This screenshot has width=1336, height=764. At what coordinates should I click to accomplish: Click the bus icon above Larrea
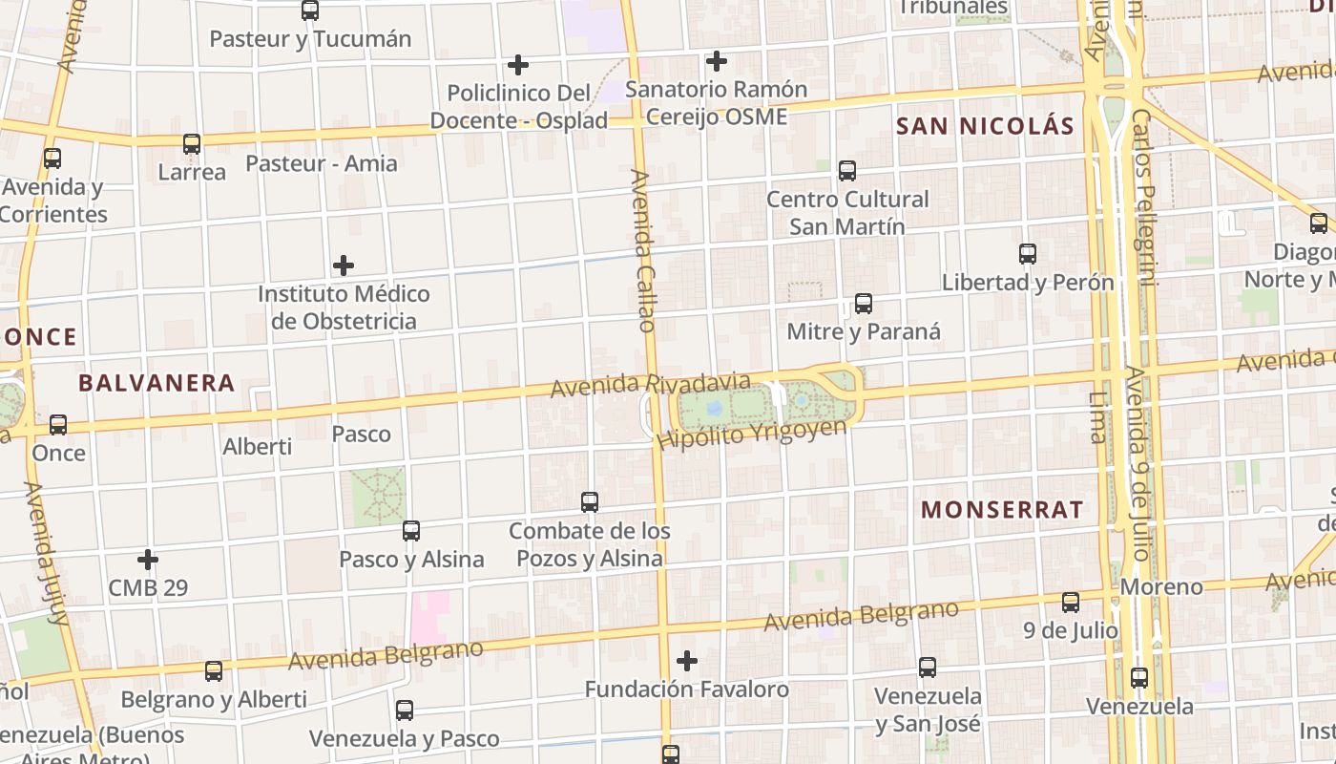point(192,144)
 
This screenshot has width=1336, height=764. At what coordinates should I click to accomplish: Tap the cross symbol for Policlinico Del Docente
point(518,65)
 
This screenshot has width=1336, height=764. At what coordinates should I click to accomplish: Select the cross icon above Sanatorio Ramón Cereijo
point(717,61)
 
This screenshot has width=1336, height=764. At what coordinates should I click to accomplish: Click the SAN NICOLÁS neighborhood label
point(985,125)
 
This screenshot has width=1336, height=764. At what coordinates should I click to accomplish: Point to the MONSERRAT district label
point(1002,509)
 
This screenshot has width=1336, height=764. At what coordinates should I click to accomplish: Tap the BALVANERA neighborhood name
point(157,383)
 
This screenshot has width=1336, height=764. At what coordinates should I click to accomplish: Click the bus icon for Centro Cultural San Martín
point(847,171)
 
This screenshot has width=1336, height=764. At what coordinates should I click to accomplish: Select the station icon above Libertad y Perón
point(1028,254)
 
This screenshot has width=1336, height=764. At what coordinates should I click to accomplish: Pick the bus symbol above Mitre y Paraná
point(864,304)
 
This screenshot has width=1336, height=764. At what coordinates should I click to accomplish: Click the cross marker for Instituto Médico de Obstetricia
point(344,265)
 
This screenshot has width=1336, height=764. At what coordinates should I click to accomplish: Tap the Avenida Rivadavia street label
point(651,383)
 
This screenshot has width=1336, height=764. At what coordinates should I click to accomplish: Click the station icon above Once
point(58,425)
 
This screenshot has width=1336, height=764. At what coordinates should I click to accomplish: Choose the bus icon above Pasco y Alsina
point(411,531)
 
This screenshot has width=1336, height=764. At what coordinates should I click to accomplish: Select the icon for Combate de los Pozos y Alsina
point(590,502)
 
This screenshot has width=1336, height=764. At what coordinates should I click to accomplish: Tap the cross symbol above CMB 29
point(148,559)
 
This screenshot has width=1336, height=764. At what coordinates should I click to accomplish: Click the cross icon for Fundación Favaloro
point(687,660)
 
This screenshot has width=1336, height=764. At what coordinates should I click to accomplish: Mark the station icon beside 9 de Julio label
point(1071,603)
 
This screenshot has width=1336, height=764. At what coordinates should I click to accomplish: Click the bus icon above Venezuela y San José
point(928,668)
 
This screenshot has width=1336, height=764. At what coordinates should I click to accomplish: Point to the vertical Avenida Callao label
point(643,250)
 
